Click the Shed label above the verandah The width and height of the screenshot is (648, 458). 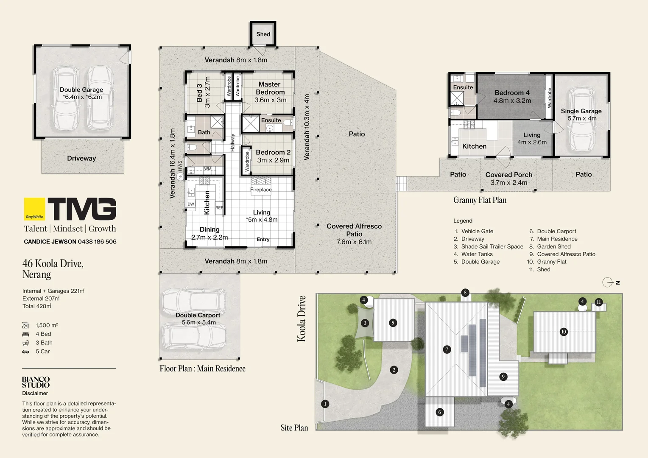pyautogui.click(x=263, y=34)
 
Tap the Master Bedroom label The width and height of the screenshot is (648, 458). pyautogui.click(x=270, y=88)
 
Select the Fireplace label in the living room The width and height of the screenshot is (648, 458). pyautogui.click(x=261, y=190)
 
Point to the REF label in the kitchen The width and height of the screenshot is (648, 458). pyautogui.click(x=219, y=207)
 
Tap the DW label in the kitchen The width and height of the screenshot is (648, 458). pyautogui.click(x=191, y=204)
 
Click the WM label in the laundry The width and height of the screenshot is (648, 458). pyautogui.click(x=208, y=169)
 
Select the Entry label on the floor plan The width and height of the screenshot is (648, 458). pyautogui.click(x=263, y=239)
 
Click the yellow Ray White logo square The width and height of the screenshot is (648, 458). pyautogui.click(x=34, y=209)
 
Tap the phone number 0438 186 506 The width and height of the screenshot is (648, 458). pyautogui.click(x=97, y=242)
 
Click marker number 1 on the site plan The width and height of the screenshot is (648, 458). pyautogui.click(x=325, y=404)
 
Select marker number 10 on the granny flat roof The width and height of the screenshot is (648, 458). pyautogui.click(x=564, y=332)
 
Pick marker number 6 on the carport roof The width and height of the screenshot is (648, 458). pyautogui.click(x=440, y=412)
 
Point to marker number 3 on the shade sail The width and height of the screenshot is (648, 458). pyautogui.click(x=365, y=323)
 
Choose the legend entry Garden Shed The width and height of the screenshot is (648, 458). pyautogui.click(x=554, y=246)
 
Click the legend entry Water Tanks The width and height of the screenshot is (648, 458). pyautogui.click(x=477, y=254)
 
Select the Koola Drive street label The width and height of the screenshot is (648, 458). pyautogui.click(x=302, y=318)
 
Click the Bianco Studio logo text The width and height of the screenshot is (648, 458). pyautogui.click(x=36, y=382)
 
